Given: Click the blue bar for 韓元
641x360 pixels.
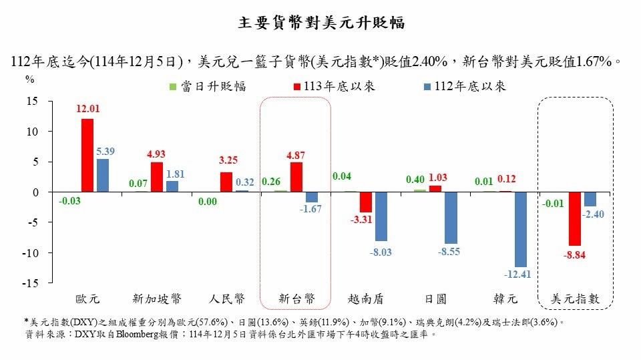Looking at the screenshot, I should point(520,229).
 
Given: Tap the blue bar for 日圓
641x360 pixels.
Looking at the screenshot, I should point(451,218).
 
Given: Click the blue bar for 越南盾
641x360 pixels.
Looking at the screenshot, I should point(381,216).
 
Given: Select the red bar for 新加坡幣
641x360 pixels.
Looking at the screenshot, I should point(157,177).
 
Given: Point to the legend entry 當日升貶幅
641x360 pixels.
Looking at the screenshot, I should point(207,86).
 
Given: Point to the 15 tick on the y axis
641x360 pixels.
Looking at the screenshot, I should point(31,101).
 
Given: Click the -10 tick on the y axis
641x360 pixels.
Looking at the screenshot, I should point(29,253).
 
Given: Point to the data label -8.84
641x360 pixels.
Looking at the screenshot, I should point(575,254).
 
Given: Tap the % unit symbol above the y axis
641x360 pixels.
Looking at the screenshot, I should point(29,79).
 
